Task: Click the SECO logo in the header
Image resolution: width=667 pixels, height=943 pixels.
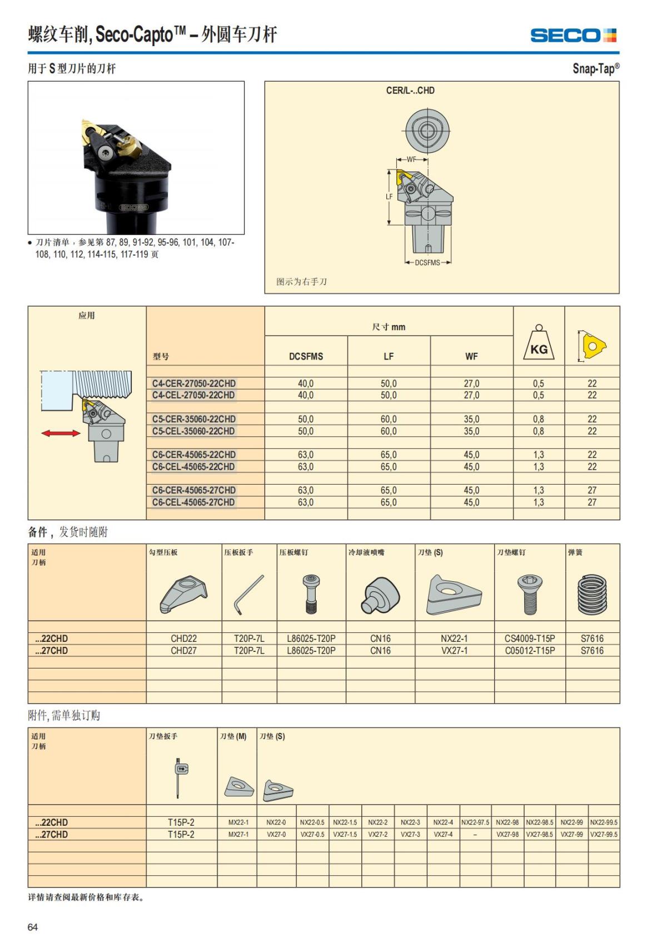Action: (x=573, y=36)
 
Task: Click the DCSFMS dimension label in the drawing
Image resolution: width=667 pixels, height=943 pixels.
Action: (x=427, y=262)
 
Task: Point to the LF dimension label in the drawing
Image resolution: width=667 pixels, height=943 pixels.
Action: (x=389, y=197)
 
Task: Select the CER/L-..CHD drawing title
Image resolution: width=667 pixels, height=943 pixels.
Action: (x=410, y=91)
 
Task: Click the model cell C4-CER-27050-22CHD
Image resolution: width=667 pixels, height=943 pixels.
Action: (x=194, y=383)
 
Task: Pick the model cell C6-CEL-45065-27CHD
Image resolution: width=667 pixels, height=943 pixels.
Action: (x=193, y=502)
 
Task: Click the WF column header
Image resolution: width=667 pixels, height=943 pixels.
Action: (x=471, y=357)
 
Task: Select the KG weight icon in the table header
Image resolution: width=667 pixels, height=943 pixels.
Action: (x=539, y=343)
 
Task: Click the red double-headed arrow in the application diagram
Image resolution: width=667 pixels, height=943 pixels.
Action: (x=61, y=433)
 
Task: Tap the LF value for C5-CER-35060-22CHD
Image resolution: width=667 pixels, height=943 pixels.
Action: (x=389, y=419)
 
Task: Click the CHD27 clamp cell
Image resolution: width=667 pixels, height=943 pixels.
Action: (x=183, y=651)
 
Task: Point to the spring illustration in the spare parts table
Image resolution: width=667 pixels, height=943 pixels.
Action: (x=592, y=595)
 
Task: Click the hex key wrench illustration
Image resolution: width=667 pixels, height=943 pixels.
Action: (x=248, y=595)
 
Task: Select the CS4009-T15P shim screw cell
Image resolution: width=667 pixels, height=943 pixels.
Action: (x=530, y=638)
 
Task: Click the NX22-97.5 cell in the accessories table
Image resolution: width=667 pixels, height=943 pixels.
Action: (x=475, y=822)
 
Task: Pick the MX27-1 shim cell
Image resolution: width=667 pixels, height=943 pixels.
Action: (x=238, y=835)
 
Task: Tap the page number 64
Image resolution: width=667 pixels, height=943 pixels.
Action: (x=33, y=927)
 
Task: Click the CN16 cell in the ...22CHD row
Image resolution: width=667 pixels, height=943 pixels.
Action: (x=380, y=638)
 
